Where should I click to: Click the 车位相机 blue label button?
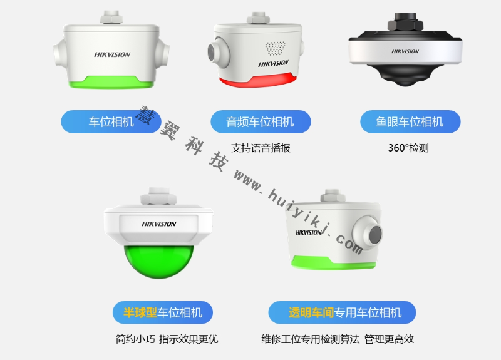coord(111,121)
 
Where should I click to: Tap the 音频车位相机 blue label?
coord(261,121)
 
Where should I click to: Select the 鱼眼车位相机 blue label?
coord(410,121)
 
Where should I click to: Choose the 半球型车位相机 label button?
coord(163,312)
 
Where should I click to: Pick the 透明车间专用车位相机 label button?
coord(342,312)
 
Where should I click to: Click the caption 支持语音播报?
coord(261,148)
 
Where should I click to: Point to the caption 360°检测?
coord(408,148)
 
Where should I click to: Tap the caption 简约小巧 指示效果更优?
coord(167,339)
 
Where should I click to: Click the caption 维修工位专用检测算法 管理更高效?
coord(338,339)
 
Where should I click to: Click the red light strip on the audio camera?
coord(257,81)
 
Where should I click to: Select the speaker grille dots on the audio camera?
coord(275,48)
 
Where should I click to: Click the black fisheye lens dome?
coord(405,75)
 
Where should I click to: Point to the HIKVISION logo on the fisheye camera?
coord(405,51)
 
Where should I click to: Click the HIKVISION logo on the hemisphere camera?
coord(159,224)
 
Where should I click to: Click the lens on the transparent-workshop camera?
coord(375,234)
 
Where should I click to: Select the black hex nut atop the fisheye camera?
coord(405,22)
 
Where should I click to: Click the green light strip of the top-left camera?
coord(111,82)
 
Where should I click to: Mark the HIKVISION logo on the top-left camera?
coord(112,54)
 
